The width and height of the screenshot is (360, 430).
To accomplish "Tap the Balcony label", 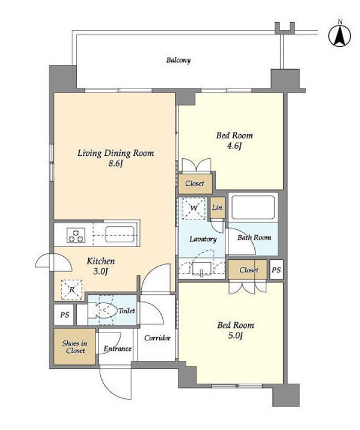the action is point(178,60).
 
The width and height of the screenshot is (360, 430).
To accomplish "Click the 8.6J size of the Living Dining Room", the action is point(115,164).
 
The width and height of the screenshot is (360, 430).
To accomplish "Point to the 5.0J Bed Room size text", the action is point(235,336).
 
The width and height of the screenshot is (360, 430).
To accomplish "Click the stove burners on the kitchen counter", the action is point(76,235).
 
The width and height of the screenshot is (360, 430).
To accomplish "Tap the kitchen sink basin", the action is point(120,234).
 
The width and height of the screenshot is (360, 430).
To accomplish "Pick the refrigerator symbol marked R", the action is point(72,290).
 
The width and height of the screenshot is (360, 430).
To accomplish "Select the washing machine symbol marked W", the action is point(194,208).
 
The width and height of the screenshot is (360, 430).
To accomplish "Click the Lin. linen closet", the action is point(218,207).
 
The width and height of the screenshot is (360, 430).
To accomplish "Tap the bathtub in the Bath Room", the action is point(252,207).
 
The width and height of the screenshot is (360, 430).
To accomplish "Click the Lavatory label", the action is point(203,239).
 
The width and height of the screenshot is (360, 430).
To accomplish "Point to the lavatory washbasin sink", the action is point(202,269).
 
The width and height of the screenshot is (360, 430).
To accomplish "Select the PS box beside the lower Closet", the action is point(276,270).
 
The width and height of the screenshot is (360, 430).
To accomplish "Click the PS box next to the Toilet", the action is point(64,315).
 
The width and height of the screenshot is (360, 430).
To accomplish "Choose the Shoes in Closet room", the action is point(75,346).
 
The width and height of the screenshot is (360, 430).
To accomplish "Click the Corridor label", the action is point(157,338).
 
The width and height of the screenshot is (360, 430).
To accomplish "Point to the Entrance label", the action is point(118,349).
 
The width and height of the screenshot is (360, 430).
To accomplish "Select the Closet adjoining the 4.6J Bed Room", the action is point(195,183).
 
